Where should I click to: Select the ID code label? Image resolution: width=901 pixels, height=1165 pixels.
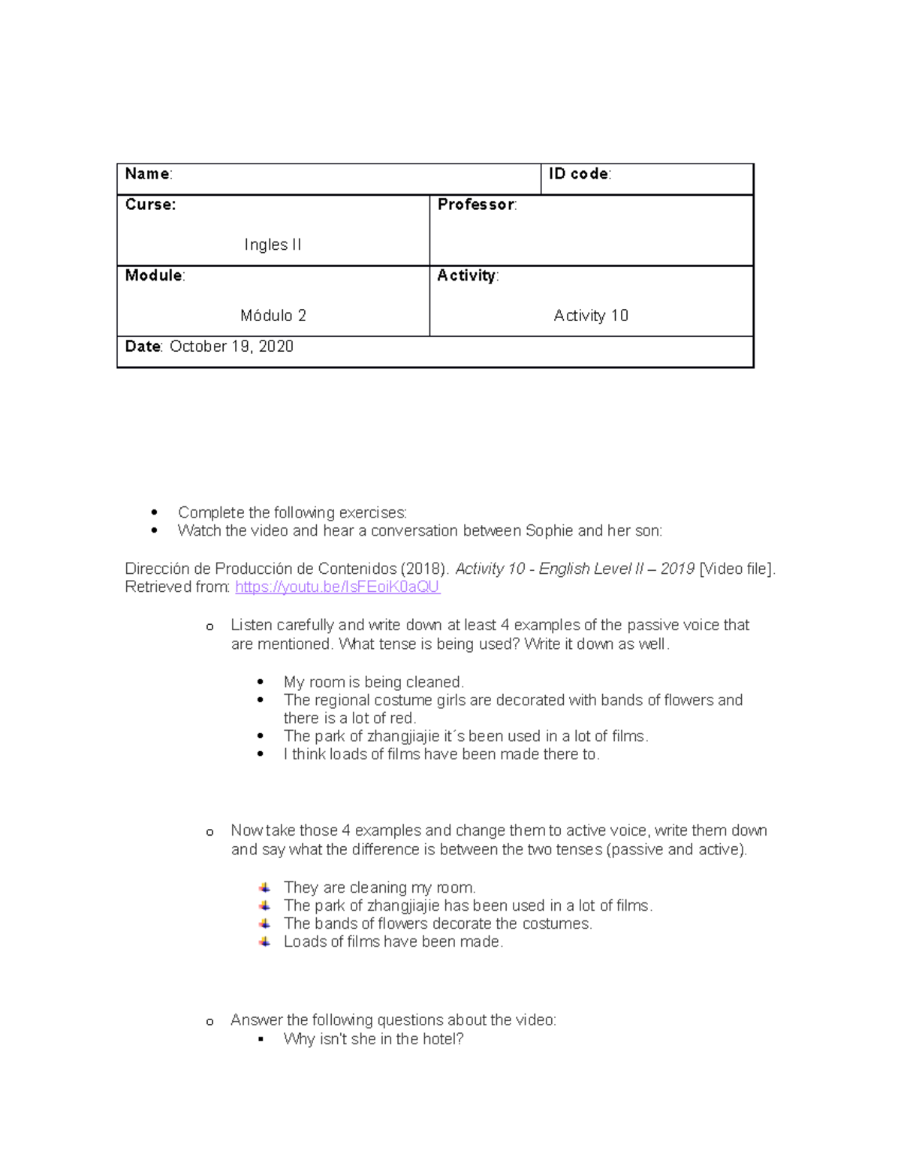579,174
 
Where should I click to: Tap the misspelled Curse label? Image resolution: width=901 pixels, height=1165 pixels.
150,205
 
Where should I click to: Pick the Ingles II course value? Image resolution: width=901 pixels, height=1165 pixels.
273,245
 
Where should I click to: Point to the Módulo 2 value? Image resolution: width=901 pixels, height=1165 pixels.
273,316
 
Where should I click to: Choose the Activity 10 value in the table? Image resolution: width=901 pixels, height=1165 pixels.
590,316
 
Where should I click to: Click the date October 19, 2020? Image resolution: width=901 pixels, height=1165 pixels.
231,347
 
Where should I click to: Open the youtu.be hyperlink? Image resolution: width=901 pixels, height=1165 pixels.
337,587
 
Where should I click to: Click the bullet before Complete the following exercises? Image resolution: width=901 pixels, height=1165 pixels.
155,513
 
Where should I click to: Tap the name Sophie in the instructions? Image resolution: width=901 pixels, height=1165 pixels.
550,531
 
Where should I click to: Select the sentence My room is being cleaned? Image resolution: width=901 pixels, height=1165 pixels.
373,683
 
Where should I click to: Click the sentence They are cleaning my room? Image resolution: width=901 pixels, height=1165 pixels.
379,887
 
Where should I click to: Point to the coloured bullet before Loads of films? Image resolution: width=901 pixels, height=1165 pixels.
264,941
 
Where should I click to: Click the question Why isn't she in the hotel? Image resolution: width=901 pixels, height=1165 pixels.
373,1039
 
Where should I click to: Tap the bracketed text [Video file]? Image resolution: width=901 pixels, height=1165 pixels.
736,569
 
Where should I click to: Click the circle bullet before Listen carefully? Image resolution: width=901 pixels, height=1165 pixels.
209,627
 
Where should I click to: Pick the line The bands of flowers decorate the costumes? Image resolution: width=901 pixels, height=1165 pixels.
438,924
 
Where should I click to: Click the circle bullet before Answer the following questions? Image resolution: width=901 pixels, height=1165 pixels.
209,1022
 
